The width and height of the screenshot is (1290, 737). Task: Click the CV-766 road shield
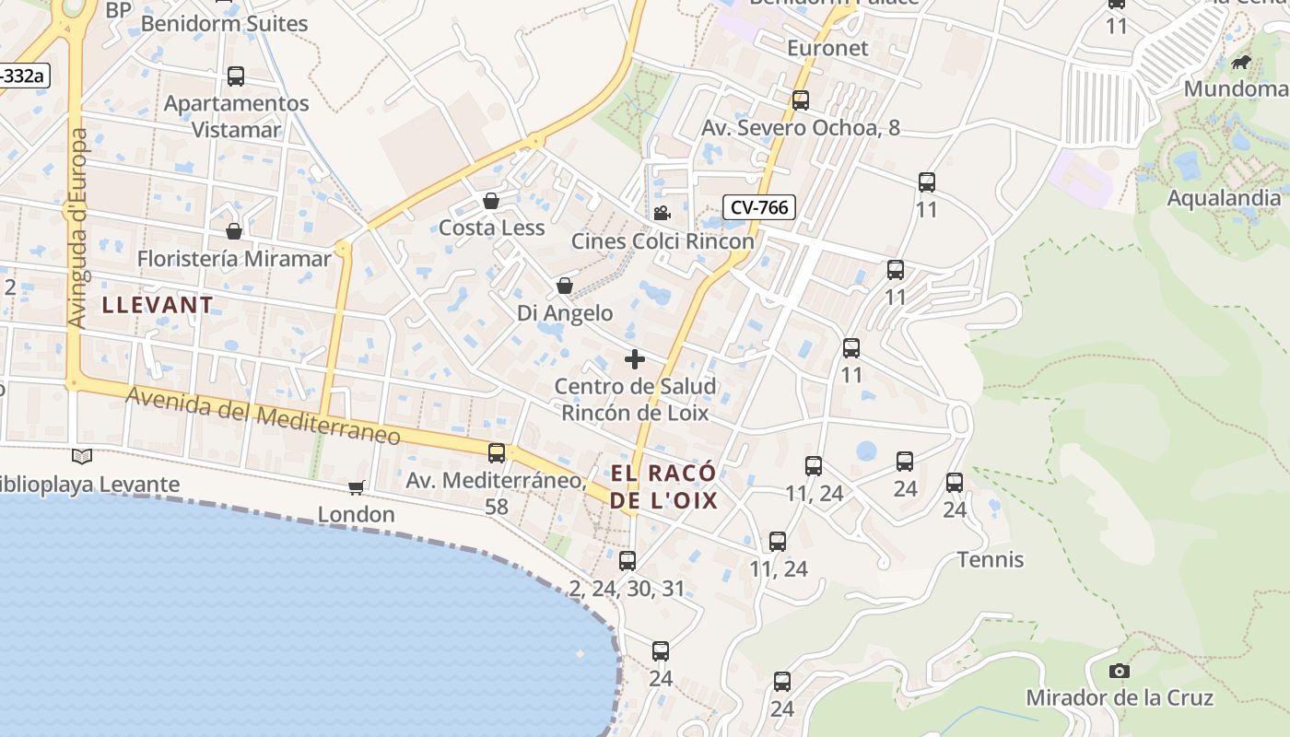759,207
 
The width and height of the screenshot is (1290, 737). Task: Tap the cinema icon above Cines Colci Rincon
662,214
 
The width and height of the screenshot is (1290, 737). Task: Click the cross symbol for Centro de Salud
635,359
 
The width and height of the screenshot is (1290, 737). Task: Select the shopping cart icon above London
356,487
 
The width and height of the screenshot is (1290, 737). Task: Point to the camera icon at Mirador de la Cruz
1120,671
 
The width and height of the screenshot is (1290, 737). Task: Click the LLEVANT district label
158,305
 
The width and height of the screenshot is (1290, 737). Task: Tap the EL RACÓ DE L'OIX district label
663,487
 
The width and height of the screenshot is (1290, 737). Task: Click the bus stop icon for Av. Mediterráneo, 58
497,452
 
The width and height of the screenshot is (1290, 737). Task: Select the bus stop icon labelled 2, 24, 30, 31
627,560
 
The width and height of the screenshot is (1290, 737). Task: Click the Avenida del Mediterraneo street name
263,415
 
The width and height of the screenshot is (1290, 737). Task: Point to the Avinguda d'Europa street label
78,228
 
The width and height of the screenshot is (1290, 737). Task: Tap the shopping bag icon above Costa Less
491,201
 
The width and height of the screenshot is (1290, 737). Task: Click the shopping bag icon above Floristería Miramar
234,231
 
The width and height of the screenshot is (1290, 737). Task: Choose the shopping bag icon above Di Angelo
565,287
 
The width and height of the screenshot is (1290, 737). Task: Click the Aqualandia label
1224,198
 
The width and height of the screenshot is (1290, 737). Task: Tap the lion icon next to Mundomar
1241,63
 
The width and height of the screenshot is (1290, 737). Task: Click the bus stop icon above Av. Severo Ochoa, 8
801,100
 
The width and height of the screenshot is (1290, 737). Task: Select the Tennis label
991,559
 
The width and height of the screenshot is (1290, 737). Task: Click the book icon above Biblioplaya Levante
82,456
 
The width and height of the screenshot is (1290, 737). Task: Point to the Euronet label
827,48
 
